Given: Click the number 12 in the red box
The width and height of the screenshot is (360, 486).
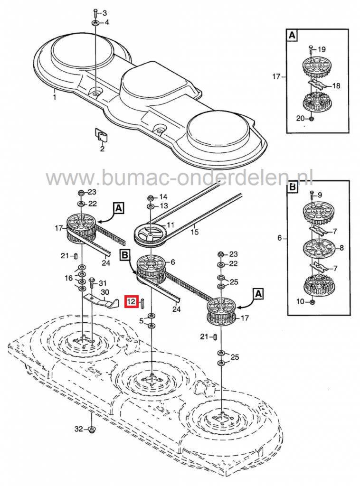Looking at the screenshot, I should (131, 301).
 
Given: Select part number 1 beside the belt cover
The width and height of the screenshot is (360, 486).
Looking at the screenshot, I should (55, 98).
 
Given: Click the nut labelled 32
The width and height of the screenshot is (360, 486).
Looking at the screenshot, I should (92, 430).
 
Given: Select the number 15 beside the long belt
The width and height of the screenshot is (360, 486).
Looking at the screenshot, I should (194, 232).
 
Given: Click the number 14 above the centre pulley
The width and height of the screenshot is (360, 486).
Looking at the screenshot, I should (163, 196).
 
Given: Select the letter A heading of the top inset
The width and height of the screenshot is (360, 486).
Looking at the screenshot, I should (291, 35).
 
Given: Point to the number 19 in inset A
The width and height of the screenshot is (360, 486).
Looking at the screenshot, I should (321, 50).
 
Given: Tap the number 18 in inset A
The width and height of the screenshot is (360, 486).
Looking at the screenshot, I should (336, 86).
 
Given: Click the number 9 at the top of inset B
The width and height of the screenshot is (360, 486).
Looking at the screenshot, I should (320, 195).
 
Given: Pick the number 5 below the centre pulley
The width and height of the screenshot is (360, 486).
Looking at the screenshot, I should (141, 321).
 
